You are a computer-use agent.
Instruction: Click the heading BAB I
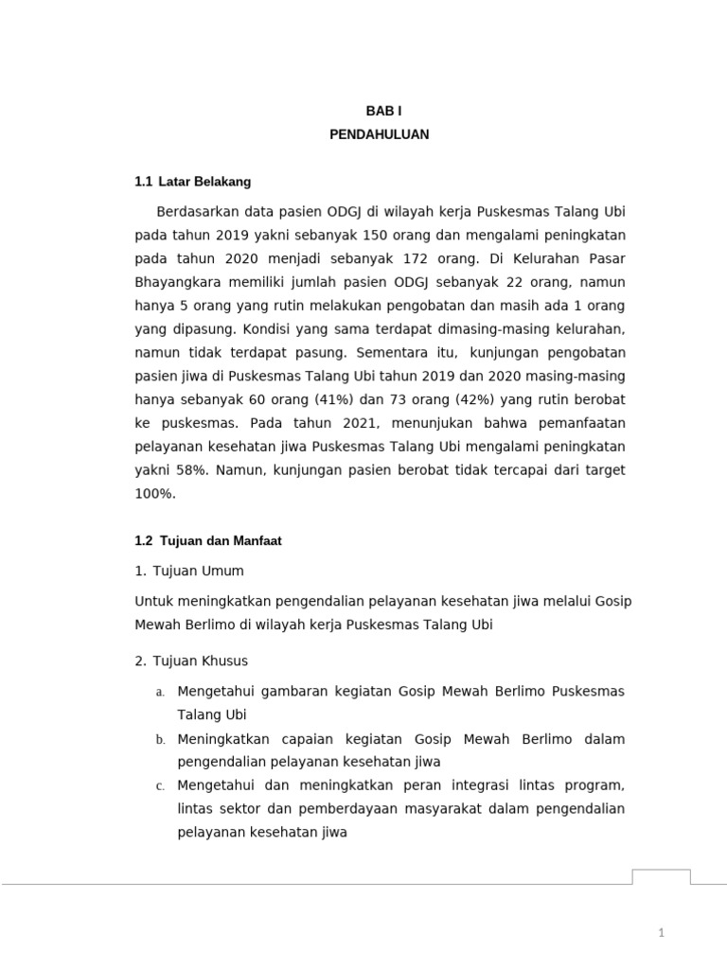click(x=379, y=111)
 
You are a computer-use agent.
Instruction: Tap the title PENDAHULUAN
click(x=379, y=135)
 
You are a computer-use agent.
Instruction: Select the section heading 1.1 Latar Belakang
click(x=193, y=181)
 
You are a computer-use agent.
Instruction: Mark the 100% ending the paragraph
click(x=154, y=493)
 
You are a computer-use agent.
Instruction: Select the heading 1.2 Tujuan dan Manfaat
click(x=208, y=540)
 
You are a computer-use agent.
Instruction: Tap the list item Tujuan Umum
click(x=197, y=571)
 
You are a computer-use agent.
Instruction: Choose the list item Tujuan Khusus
click(x=200, y=661)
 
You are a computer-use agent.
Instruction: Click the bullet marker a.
click(x=160, y=693)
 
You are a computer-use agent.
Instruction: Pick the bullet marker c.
click(x=160, y=786)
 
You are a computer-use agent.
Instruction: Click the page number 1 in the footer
click(x=663, y=934)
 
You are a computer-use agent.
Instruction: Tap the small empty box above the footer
click(x=662, y=876)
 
